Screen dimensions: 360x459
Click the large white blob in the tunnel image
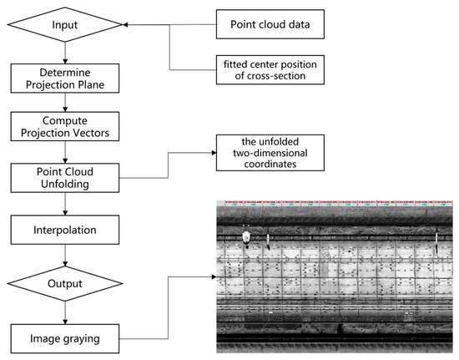(246, 237)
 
